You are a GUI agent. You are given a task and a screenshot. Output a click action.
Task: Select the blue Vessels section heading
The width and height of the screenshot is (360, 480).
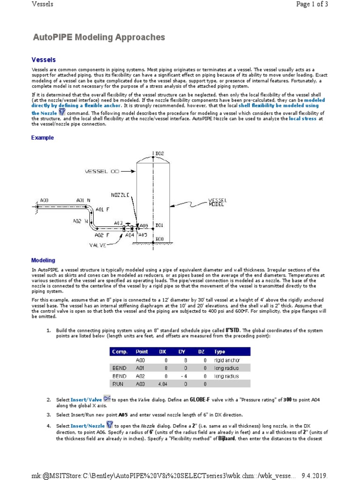(43, 60)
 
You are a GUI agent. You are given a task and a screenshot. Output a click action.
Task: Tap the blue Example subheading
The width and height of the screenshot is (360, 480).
(42, 138)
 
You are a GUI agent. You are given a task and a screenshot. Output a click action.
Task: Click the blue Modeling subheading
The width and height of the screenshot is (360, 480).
(43, 260)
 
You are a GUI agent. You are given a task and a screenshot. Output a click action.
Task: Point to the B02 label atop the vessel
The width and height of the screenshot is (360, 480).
(159, 153)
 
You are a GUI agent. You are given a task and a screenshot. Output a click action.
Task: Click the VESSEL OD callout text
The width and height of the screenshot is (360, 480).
(102, 172)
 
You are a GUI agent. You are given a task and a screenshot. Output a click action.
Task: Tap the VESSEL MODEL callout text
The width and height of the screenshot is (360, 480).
(218, 202)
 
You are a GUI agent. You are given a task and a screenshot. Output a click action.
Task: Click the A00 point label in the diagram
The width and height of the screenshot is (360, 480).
(44, 200)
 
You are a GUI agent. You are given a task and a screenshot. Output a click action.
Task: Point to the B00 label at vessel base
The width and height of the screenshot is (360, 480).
(159, 239)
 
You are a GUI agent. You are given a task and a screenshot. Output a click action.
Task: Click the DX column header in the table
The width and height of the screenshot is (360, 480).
(163, 351)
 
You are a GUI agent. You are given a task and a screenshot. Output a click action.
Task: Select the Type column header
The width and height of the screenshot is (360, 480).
(219, 351)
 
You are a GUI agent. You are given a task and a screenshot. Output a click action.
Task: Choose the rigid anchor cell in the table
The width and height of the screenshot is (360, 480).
(227, 360)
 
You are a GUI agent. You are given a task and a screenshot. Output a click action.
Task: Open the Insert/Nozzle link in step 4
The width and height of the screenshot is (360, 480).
(87, 426)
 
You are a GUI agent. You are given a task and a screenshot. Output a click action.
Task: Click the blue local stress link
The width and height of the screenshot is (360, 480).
(301, 119)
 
